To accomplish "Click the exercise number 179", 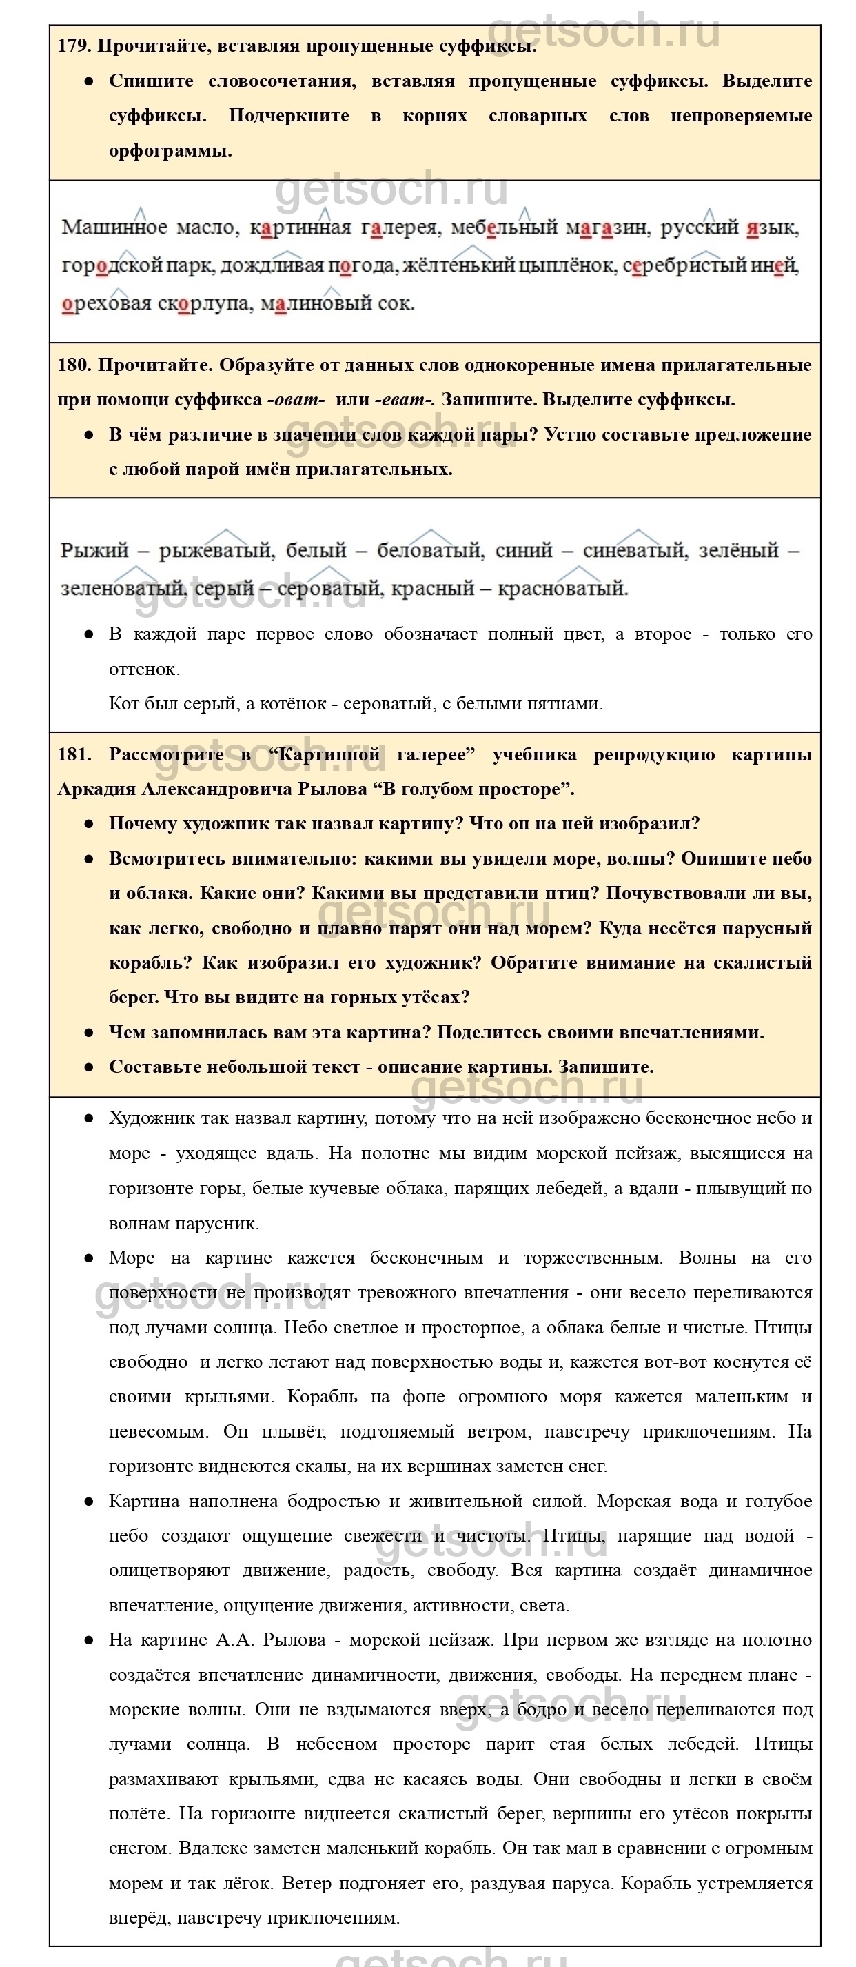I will coord(74,46).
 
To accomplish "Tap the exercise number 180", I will coord(74,365).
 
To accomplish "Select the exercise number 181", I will coord(73,754).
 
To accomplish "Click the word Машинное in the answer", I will coord(114,228).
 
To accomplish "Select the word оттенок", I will coord(143,669).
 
